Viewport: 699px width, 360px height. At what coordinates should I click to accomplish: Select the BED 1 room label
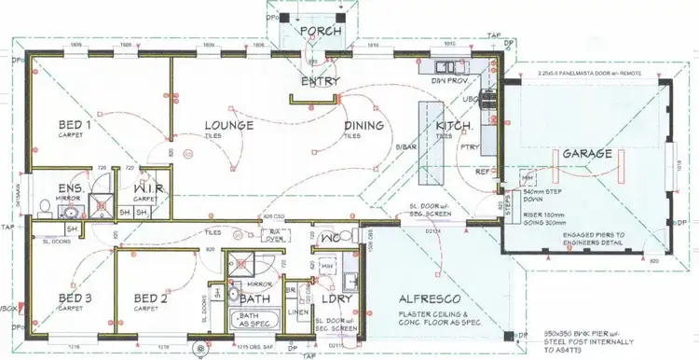(75, 124)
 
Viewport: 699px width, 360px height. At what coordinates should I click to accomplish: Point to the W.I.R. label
(149, 187)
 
